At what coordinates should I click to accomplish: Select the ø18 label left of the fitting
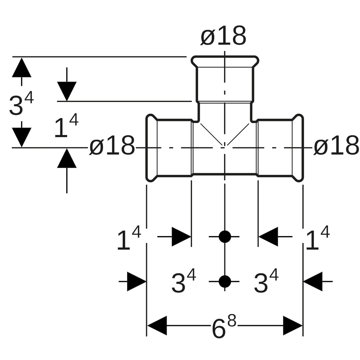[112, 146]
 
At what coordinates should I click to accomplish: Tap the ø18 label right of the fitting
[336, 146]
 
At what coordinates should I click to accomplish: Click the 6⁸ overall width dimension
[224, 327]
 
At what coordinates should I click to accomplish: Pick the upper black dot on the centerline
[225, 237]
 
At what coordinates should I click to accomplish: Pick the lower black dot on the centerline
[225, 281]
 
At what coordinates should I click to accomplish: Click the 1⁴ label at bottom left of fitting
[128, 239]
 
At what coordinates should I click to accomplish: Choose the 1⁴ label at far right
[317, 239]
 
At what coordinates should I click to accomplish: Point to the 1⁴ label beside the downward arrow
[66, 127]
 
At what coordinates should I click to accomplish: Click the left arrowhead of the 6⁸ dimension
[157, 325]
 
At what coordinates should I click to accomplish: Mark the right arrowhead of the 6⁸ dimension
[293, 325]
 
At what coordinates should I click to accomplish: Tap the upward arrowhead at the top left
[22, 68]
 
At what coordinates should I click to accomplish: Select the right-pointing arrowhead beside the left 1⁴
[181, 237]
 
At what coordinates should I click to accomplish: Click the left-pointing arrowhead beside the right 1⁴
[268, 237]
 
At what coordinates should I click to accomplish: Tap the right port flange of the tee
[298, 148]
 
